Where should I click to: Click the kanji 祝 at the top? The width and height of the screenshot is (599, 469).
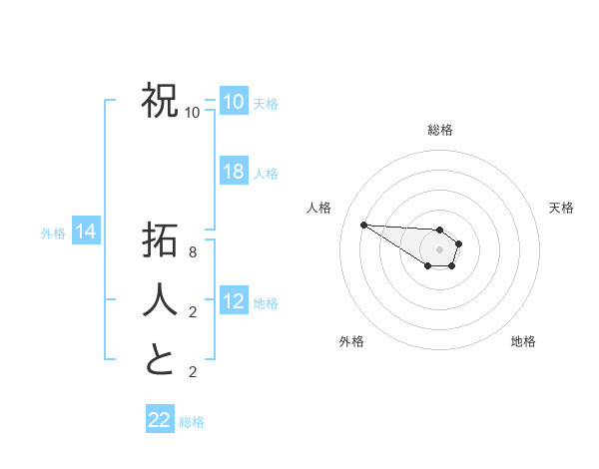(160, 101)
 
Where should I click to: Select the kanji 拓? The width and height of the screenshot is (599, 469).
(160, 242)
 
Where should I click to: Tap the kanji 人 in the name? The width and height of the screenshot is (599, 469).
(160, 301)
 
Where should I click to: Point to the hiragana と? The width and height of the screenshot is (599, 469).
(160, 360)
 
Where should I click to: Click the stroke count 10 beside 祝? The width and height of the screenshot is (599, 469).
(193, 112)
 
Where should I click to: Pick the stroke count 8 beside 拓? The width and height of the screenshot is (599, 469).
(193, 253)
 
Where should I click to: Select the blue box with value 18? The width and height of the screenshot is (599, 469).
(234, 172)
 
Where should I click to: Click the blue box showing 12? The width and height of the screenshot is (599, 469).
(234, 302)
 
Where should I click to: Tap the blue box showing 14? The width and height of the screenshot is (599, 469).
(86, 233)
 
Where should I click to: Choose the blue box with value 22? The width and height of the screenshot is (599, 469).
(160, 420)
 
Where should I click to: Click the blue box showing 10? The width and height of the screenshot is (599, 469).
(234, 101)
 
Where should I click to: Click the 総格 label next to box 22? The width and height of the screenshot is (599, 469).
(193, 422)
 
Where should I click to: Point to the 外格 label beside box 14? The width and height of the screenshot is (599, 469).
(53, 234)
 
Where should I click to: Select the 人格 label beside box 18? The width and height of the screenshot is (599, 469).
(267, 174)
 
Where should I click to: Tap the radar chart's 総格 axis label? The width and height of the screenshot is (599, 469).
(440, 130)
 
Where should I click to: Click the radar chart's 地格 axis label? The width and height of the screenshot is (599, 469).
(523, 341)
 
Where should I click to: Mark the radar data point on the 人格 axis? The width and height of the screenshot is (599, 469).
(363, 225)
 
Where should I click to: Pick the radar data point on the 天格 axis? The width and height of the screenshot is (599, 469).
(459, 242)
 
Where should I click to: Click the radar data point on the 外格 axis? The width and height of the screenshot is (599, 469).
(427, 265)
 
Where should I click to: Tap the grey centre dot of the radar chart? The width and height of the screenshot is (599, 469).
(440, 249)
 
